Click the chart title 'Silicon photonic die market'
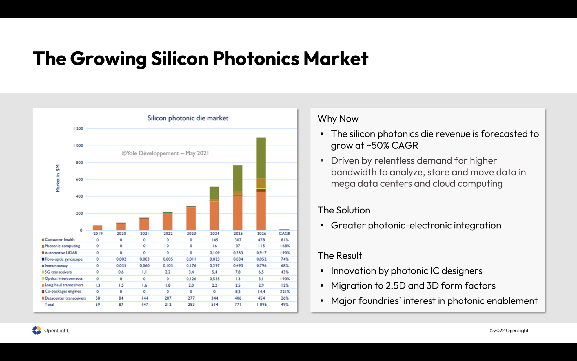[x=188, y=118]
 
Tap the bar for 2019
[x=97, y=228]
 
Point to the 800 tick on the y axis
[x=79, y=162]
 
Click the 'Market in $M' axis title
[x=58, y=178]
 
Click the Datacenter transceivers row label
[x=65, y=298]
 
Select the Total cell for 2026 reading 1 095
[x=261, y=305]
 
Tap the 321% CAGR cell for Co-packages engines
[x=285, y=292]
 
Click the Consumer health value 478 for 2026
[x=261, y=240]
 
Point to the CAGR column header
[x=284, y=233]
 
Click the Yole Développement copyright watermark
[x=165, y=153]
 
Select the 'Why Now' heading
[x=338, y=119]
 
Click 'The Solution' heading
[x=344, y=210]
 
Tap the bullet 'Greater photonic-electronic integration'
[x=416, y=225]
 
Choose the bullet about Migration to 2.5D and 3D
[x=413, y=286]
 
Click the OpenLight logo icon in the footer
[x=37, y=330]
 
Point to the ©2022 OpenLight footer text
[x=509, y=331]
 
